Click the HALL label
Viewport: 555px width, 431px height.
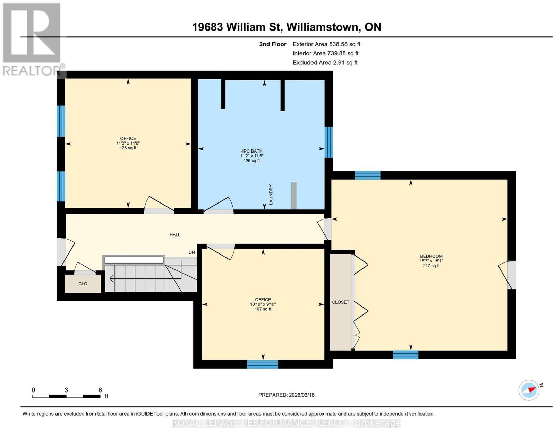point(175,235)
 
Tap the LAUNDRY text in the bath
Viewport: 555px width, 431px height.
point(271,195)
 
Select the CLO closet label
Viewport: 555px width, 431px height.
point(83,284)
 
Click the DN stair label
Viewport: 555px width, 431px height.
point(191,252)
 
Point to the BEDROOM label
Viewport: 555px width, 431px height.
point(431,256)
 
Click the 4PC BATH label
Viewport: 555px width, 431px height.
point(251,151)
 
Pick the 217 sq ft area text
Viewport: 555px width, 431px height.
point(431,266)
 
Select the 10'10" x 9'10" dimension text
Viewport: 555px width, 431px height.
point(263,304)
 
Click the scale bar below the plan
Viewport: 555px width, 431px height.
point(66,396)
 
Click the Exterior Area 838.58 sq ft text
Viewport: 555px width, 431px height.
point(326,44)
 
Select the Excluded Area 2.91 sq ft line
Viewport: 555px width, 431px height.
point(325,62)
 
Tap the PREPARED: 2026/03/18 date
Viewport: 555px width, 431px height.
point(286,395)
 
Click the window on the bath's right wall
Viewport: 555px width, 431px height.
point(328,142)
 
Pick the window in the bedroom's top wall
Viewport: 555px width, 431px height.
point(368,175)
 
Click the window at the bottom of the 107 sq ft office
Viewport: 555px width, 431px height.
point(263,364)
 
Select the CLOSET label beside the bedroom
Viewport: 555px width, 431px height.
point(341,302)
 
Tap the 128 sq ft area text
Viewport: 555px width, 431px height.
point(128,148)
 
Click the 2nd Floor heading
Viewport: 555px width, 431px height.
point(273,44)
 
